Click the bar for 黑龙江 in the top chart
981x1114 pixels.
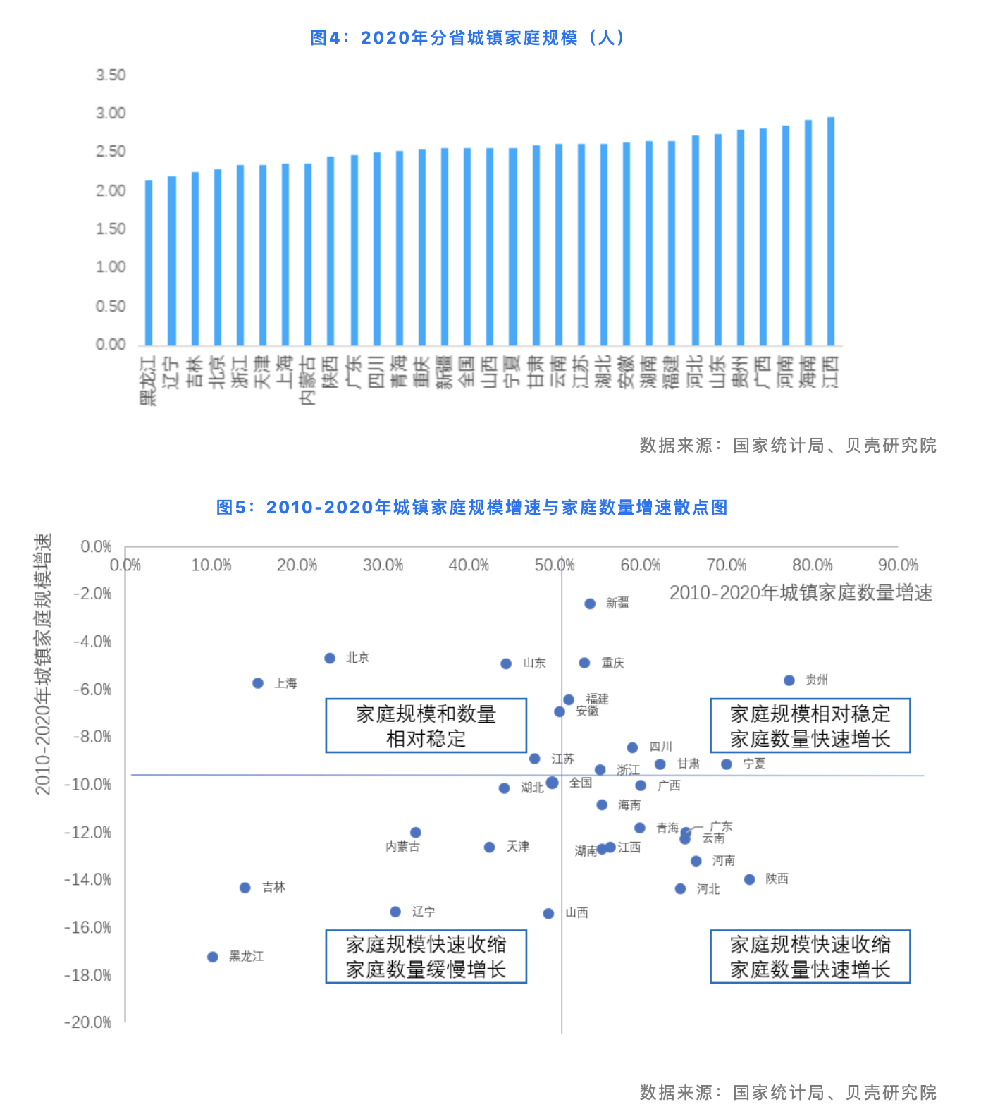149,263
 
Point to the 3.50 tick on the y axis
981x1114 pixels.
111,75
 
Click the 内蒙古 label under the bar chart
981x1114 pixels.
308,380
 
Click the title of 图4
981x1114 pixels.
468,37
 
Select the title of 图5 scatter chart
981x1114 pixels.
471,507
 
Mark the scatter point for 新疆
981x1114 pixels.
590,604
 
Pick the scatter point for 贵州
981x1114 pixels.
789,680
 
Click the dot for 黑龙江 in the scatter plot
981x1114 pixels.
213,957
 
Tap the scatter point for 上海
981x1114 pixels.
258,683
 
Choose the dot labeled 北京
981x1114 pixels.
330,658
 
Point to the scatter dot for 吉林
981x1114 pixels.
245,888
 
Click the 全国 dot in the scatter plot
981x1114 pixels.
552,783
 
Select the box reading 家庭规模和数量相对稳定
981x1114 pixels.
426,726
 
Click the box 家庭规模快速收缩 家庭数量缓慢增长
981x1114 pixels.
426,956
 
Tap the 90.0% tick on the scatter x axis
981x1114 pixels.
898,565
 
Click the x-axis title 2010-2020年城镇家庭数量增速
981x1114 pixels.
801,593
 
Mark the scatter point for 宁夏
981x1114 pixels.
727,764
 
